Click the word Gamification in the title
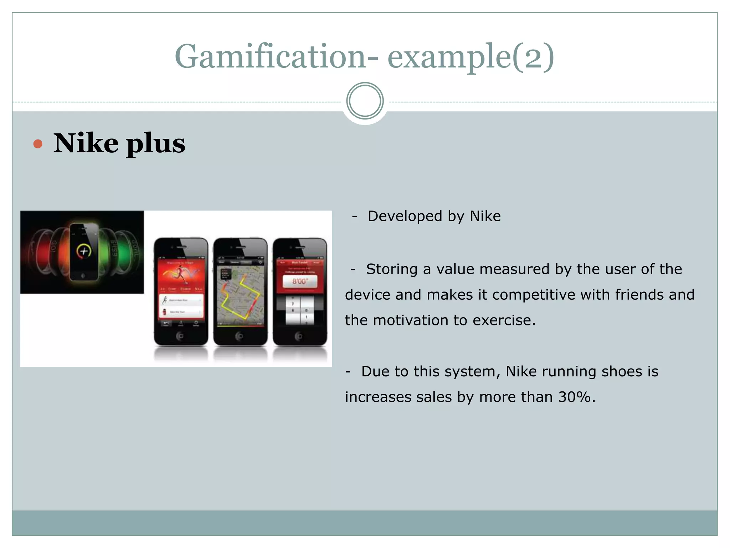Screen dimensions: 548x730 pyautogui.click(x=270, y=56)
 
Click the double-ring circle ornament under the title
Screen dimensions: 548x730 pyautogui.click(x=365, y=101)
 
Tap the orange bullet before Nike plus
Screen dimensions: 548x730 pyautogui.click(x=38, y=144)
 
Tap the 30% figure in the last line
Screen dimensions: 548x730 pyautogui.click(x=575, y=397)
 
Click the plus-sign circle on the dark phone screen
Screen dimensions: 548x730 pyautogui.click(x=84, y=252)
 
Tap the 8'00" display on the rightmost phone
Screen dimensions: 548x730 pyautogui.click(x=300, y=281)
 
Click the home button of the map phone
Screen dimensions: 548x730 pyautogui.click(x=240, y=336)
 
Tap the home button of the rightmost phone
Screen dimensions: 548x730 pyautogui.click(x=299, y=336)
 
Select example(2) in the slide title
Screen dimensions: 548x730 pyautogui.click(x=471, y=56)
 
